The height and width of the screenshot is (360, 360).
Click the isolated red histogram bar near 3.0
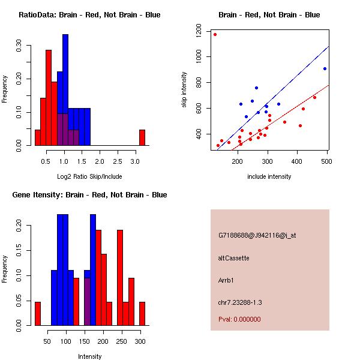pos(142,137)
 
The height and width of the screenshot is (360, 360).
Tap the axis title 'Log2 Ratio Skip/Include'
pos(89,176)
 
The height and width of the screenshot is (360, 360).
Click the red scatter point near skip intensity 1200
pos(215,34)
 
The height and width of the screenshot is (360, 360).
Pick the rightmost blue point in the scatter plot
pos(325,68)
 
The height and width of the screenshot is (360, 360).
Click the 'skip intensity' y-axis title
pos(185,90)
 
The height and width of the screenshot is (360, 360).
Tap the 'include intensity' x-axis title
pos(269,176)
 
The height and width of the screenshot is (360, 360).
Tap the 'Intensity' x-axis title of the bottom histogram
pos(89,356)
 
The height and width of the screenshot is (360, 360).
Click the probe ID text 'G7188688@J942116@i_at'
pos(257,235)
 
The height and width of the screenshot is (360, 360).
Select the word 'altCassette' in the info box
pos(233,258)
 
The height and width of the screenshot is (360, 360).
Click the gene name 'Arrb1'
pos(226,280)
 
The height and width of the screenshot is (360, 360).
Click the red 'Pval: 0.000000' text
pos(239,319)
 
